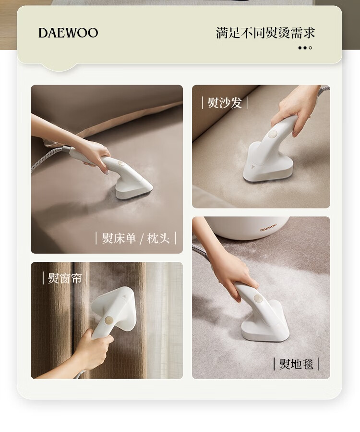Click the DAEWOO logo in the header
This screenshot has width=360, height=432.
pyautogui.click(x=68, y=33)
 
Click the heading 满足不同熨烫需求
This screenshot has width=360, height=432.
pyautogui.click(x=265, y=33)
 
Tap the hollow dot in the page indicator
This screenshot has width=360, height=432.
pyautogui.click(x=311, y=48)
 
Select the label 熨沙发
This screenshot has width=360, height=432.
pyautogui.click(x=225, y=103)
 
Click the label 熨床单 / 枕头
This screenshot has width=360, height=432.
pyautogui.click(x=135, y=238)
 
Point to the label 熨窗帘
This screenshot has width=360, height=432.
pyautogui.click(x=65, y=278)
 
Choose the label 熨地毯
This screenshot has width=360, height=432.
pyautogui.click(x=297, y=364)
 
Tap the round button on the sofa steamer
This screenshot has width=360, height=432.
pyautogui.click(x=273, y=135)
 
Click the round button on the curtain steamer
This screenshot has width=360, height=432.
pyautogui.click(x=108, y=320)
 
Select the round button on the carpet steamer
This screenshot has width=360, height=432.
pyautogui.click(x=258, y=298)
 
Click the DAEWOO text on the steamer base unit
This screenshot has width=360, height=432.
pyautogui.click(x=268, y=228)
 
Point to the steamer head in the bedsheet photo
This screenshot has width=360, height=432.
pyautogui.click(x=134, y=187)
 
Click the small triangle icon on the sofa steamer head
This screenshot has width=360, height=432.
pyautogui.click(x=252, y=166)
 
